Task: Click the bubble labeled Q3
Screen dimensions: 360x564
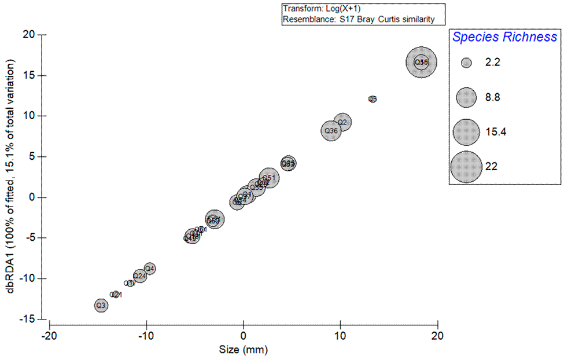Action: (x=101, y=305)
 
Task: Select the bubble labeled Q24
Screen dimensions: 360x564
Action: (x=139, y=276)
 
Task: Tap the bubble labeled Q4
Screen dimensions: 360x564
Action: (x=149, y=268)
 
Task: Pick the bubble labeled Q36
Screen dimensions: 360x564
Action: (x=331, y=131)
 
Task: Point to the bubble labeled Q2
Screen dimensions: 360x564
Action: (x=342, y=122)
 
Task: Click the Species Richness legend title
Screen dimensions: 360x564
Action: (x=504, y=38)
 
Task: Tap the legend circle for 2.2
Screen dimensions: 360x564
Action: (x=467, y=63)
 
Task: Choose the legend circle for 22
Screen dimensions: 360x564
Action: (x=466, y=167)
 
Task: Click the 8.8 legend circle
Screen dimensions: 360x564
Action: (x=467, y=97)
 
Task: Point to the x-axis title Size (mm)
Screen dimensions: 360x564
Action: (x=243, y=350)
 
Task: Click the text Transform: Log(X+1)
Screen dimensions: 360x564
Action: (x=319, y=9)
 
